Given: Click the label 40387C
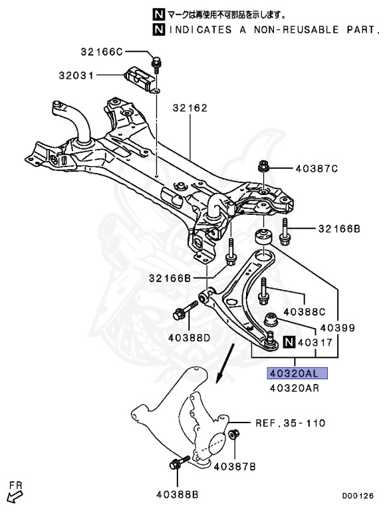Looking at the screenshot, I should coord(316,168).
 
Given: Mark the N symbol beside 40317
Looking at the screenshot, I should coord(288,343).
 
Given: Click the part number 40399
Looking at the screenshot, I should coord(338,328).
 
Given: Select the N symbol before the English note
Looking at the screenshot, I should coord(158,30).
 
